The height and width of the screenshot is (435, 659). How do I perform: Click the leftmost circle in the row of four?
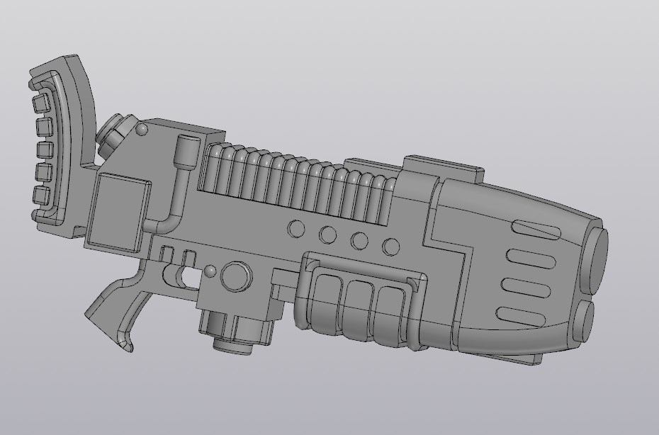click(296, 229)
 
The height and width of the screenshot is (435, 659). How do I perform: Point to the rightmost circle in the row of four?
click(391, 246)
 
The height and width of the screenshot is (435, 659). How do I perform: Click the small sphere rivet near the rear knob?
click(142, 129)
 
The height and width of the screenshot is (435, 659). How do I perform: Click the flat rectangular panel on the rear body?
click(118, 212)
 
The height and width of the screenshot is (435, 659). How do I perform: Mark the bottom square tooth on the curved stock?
click(42, 196)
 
